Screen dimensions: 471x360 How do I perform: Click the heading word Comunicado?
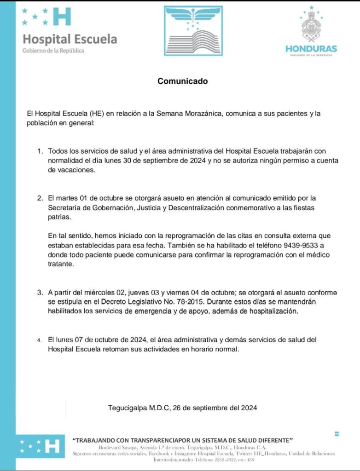coord(183,81)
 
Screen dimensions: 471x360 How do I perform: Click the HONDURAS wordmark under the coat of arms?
coord(311,48)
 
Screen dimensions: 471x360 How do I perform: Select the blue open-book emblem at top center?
coord(193,31)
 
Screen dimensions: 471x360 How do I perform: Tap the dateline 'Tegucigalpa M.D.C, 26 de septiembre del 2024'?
coord(182,408)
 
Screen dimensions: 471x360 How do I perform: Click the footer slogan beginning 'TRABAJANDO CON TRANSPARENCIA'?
coord(183,440)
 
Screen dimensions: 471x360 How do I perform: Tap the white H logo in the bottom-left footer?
coord(54,446)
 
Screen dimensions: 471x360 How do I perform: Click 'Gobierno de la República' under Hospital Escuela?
coord(53,51)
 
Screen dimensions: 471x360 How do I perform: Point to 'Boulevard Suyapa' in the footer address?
coord(114,448)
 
